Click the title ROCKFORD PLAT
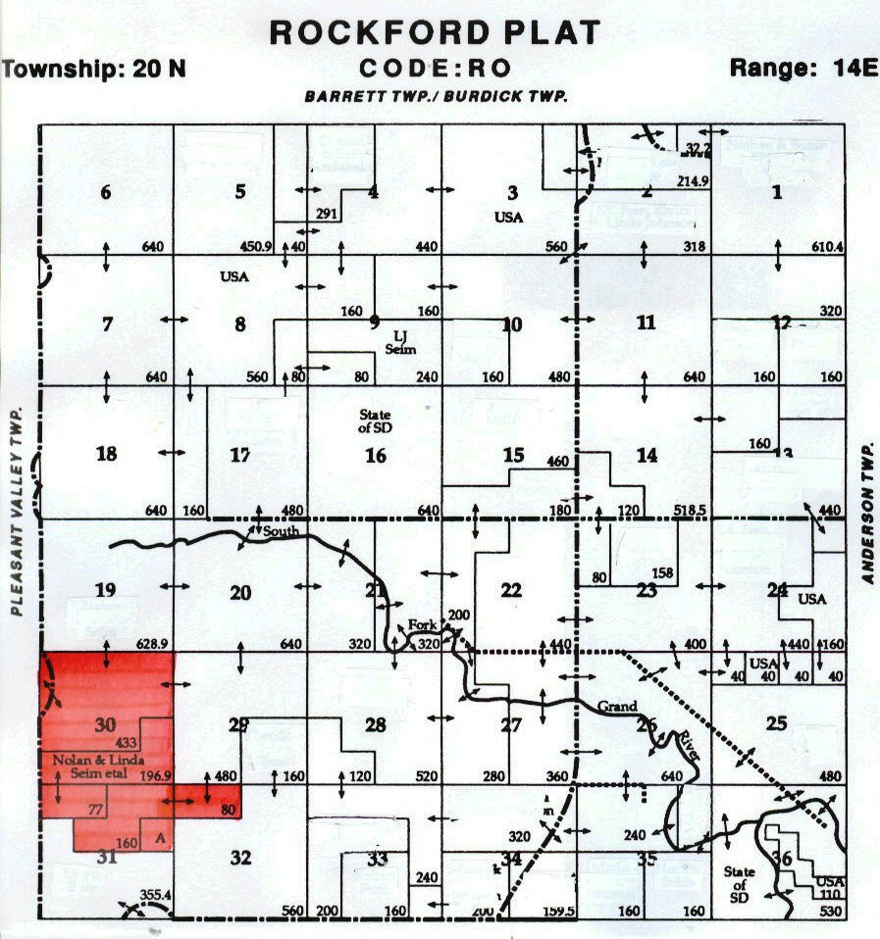click(x=435, y=32)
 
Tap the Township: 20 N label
click(x=94, y=70)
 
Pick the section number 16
click(x=375, y=455)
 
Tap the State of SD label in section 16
click(x=375, y=421)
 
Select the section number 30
click(x=105, y=725)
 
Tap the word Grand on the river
click(x=620, y=706)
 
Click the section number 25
click(x=776, y=724)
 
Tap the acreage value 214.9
click(x=693, y=181)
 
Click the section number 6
click(x=106, y=192)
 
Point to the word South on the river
click(x=278, y=532)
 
